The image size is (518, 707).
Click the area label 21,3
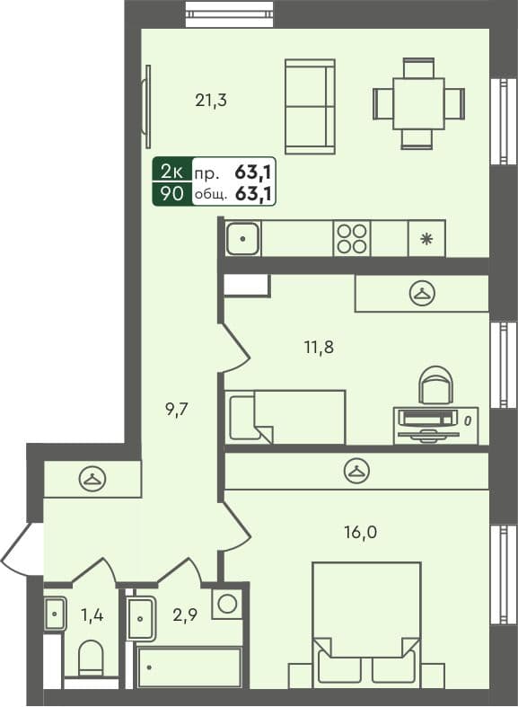211,101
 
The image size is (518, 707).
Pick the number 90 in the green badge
171,192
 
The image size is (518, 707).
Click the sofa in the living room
310,106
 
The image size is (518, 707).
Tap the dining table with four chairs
418,103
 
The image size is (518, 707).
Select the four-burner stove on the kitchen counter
351,239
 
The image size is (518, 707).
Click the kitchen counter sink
242,239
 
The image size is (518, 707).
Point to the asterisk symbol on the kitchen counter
426,239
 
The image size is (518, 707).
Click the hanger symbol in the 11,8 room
422,293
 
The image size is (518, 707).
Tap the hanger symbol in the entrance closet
92,480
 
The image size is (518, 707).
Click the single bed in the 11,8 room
285,417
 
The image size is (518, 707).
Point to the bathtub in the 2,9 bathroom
189,667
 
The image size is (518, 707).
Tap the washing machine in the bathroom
227,603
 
